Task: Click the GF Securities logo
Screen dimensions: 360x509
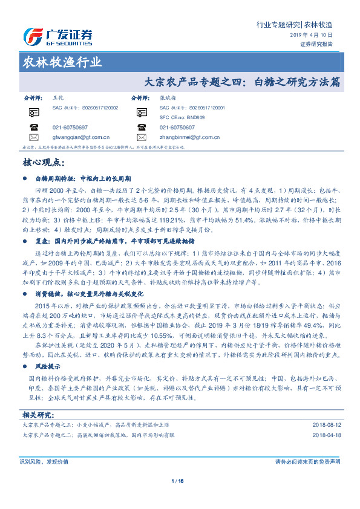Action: click(57, 37)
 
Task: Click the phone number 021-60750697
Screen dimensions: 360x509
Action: click(70, 128)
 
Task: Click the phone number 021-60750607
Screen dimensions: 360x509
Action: click(177, 128)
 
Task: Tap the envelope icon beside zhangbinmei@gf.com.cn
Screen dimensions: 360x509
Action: click(142, 137)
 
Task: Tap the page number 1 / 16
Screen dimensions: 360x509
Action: click(180, 481)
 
